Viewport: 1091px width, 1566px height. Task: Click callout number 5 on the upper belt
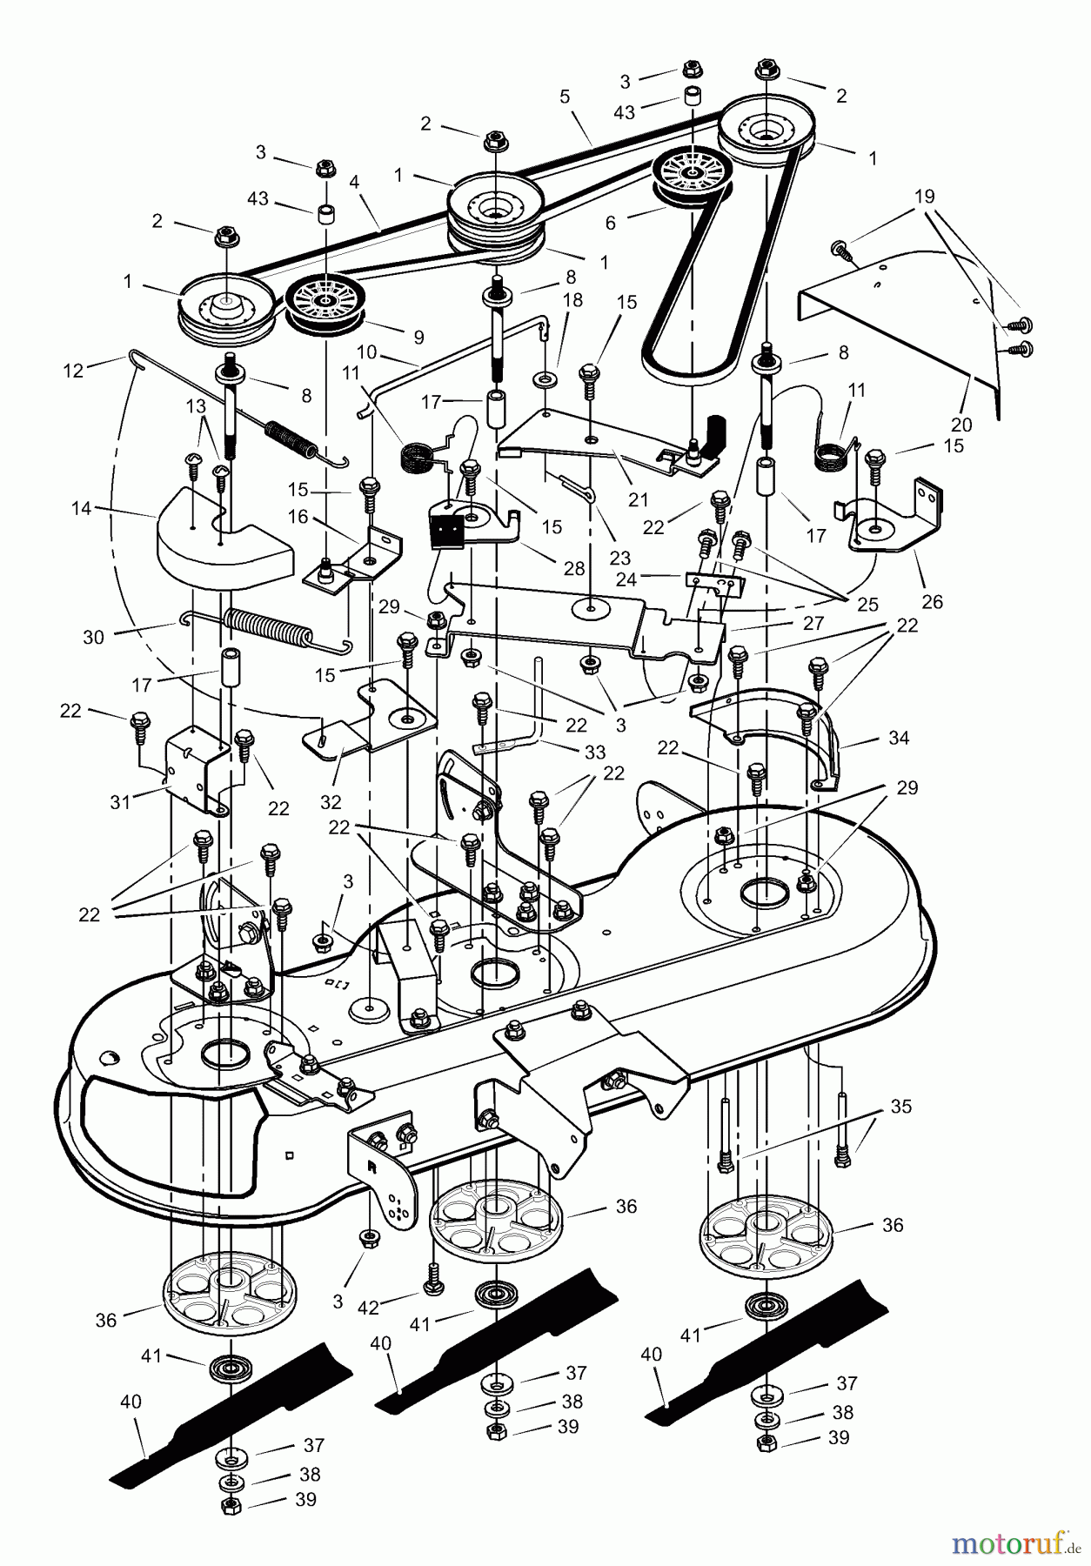point(565,97)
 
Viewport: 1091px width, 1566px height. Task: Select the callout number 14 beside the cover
point(81,508)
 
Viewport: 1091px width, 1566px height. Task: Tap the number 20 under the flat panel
point(960,425)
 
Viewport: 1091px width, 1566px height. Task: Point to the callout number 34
point(899,738)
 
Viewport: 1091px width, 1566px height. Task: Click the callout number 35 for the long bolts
point(901,1107)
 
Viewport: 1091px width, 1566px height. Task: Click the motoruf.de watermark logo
point(1014,1544)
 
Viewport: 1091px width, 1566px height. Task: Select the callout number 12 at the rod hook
point(73,371)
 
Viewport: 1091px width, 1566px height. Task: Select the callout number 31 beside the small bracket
point(119,801)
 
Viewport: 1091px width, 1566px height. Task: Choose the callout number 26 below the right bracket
point(931,602)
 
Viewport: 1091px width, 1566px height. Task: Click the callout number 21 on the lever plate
point(638,499)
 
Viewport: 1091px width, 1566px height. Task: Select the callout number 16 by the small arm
point(298,518)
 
